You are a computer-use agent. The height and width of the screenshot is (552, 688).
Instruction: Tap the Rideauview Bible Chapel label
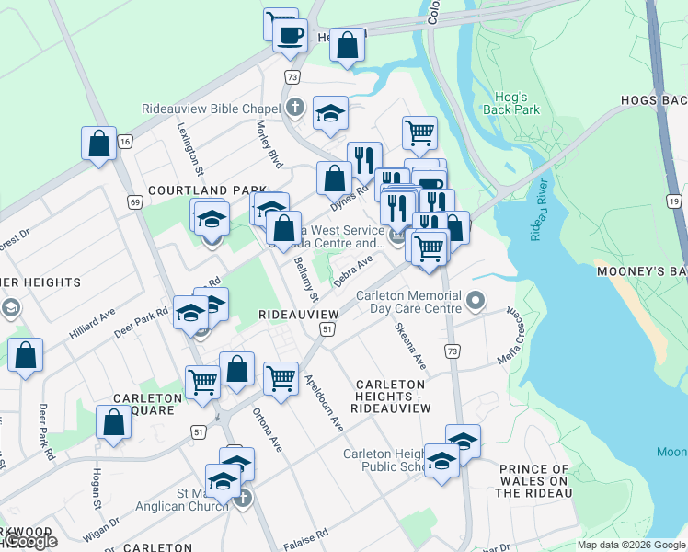211,109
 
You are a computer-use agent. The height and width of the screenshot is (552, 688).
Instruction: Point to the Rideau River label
538,217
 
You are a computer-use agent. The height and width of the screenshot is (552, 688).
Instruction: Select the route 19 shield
674,201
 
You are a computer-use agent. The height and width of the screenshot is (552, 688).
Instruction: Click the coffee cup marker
292,36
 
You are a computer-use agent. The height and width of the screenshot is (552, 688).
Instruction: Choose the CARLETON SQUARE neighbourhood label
143,404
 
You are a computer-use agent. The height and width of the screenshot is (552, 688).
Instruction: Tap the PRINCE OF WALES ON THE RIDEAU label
534,481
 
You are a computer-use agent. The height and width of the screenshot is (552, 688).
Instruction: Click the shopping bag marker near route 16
98,144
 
